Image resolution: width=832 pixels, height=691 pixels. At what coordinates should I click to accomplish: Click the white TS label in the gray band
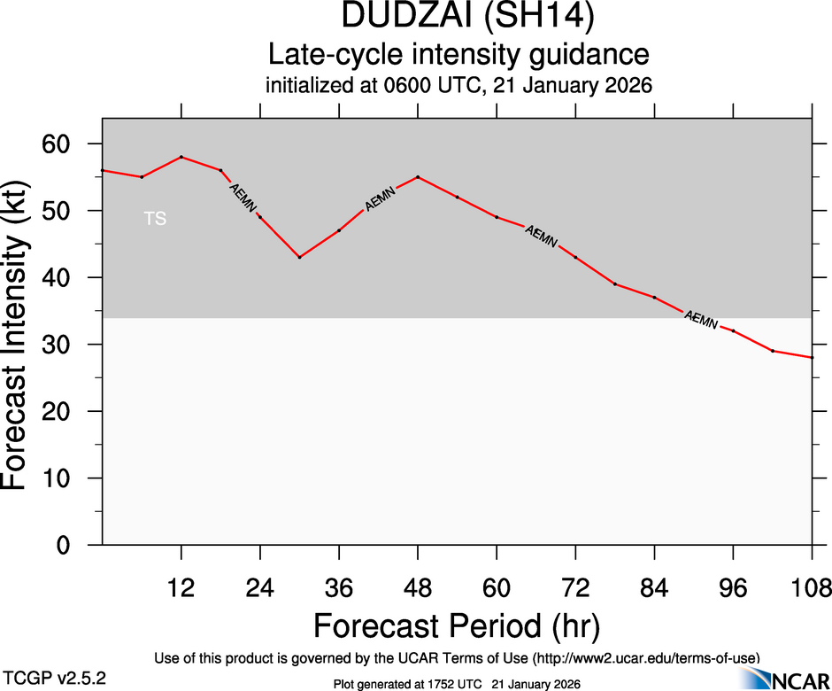click(x=155, y=218)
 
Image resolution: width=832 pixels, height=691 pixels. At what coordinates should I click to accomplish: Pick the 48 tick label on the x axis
click(x=418, y=588)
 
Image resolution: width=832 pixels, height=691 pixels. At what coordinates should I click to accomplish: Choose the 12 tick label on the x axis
click(x=181, y=588)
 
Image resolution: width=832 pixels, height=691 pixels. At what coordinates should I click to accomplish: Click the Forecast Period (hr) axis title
click(x=457, y=625)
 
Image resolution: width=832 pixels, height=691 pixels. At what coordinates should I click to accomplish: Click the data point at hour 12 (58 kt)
click(x=181, y=157)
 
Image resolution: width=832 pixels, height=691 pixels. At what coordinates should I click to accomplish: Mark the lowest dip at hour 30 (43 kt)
click(x=300, y=257)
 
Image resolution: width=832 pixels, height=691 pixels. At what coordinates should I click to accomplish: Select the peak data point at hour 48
click(x=418, y=177)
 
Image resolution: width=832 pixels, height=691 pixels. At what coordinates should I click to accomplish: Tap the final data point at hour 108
click(x=812, y=357)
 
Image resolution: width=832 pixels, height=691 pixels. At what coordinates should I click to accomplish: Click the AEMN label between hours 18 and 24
click(x=243, y=198)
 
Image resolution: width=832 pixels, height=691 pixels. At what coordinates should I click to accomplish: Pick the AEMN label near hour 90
click(x=702, y=320)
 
